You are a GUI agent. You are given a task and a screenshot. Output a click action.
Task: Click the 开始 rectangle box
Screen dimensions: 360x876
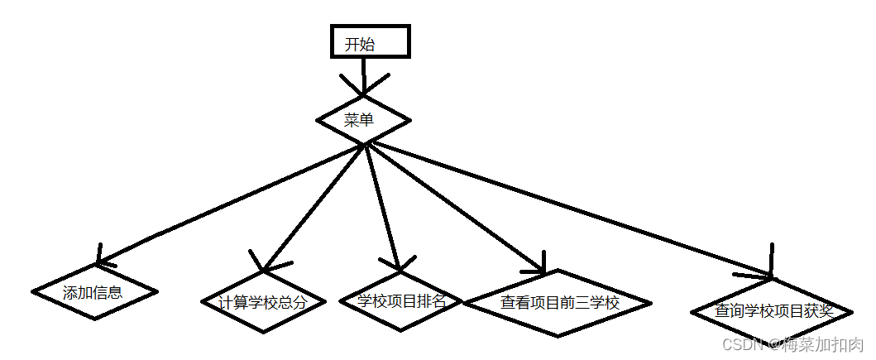click(370, 42)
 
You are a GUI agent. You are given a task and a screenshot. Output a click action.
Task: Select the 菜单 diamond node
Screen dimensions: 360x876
click(364, 121)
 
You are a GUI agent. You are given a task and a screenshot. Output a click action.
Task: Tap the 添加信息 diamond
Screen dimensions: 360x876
click(94, 292)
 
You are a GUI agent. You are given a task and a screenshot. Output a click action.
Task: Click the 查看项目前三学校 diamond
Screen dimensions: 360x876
click(559, 303)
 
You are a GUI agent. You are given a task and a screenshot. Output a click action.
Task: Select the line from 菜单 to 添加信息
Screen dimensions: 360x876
click(232, 204)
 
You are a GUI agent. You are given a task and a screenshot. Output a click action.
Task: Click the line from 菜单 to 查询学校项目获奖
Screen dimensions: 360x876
click(571, 210)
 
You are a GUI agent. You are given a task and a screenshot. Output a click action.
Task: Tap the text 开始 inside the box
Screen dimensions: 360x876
click(360, 45)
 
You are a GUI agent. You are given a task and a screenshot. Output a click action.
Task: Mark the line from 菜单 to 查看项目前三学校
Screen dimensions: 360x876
click(455, 207)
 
